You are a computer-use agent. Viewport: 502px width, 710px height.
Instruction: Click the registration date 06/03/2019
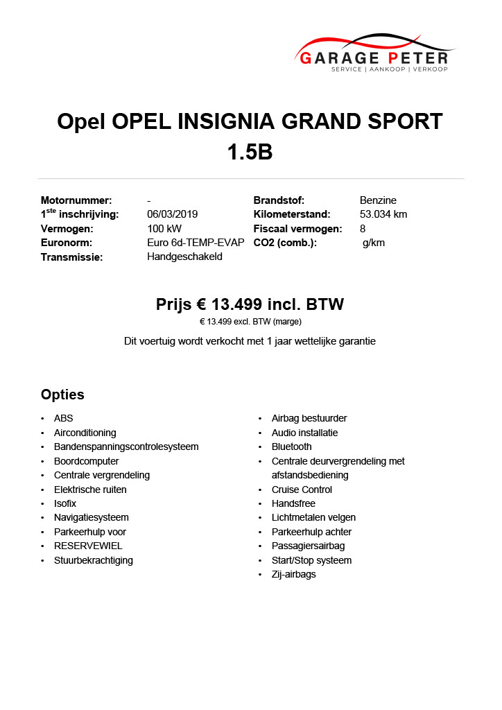click(x=173, y=214)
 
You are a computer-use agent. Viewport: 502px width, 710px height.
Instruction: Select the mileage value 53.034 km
click(x=383, y=214)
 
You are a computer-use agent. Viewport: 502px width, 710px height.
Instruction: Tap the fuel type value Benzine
click(x=378, y=200)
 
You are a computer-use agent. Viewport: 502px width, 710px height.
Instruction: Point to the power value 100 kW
click(x=164, y=229)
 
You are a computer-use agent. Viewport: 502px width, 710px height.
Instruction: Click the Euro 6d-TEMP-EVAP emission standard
click(x=196, y=243)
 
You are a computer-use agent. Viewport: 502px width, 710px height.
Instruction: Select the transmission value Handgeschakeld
click(x=184, y=257)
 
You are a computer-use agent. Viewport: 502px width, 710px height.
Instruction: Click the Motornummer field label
click(x=76, y=200)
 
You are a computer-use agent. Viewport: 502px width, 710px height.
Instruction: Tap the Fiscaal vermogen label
click(x=297, y=229)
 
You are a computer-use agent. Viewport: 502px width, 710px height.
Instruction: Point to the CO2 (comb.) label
click(x=285, y=243)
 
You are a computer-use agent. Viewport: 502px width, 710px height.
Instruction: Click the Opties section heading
click(x=62, y=395)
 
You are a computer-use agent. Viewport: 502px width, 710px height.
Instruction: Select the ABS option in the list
click(x=63, y=418)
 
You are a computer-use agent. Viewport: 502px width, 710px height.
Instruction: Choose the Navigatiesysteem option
click(x=91, y=517)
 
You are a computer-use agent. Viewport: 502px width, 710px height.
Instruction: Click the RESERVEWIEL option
click(x=88, y=546)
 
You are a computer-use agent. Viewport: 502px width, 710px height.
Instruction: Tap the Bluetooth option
click(x=291, y=447)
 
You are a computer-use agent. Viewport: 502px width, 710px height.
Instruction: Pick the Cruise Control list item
click(x=302, y=490)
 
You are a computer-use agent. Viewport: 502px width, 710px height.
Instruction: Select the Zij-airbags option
click(x=293, y=574)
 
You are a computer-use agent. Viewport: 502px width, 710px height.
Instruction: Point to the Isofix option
click(x=65, y=503)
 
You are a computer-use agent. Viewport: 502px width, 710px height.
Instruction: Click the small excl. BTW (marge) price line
click(x=250, y=322)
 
